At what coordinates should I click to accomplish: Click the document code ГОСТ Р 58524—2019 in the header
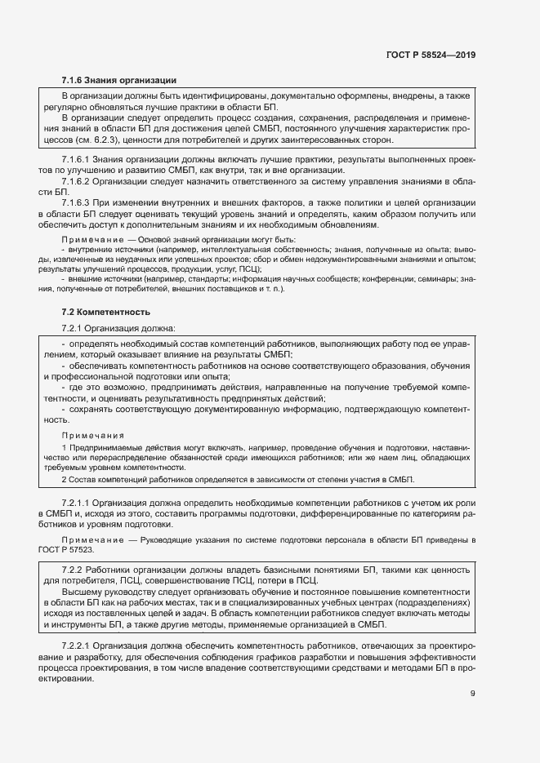point(431,55)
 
